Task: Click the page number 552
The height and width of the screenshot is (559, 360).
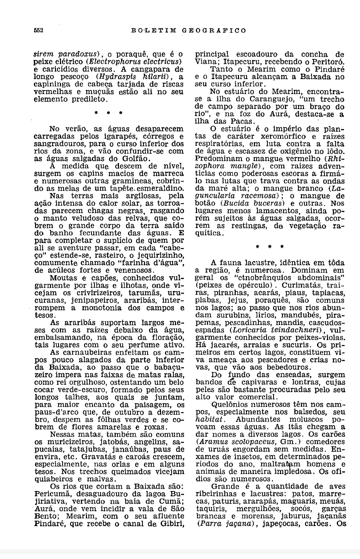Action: pyautogui.click(x=39, y=30)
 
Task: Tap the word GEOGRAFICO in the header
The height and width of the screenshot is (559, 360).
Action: pyautogui.click(x=214, y=31)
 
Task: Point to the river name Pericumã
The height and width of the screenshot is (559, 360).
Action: pyautogui.click(x=51, y=494)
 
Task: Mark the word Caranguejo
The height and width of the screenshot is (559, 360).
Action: pyautogui.click(x=251, y=99)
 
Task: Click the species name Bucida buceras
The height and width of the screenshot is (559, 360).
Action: pyautogui.click(x=254, y=203)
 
